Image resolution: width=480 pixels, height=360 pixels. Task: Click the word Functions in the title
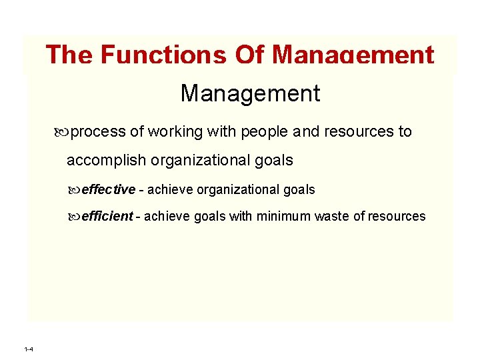pos(163,55)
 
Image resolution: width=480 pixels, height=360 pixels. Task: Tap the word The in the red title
pos(69,55)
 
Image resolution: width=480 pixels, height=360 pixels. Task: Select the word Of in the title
pos(249,55)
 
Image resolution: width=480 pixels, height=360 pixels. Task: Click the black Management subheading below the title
pos(250,93)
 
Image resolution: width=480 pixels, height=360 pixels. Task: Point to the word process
pos(98,132)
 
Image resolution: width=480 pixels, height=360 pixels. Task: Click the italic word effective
pos(108,189)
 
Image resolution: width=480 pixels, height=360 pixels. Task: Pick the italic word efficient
pos(107,216)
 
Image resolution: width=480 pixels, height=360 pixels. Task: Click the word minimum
pos(285,216)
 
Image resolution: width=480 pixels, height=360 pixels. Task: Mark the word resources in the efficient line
pos(396,216)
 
